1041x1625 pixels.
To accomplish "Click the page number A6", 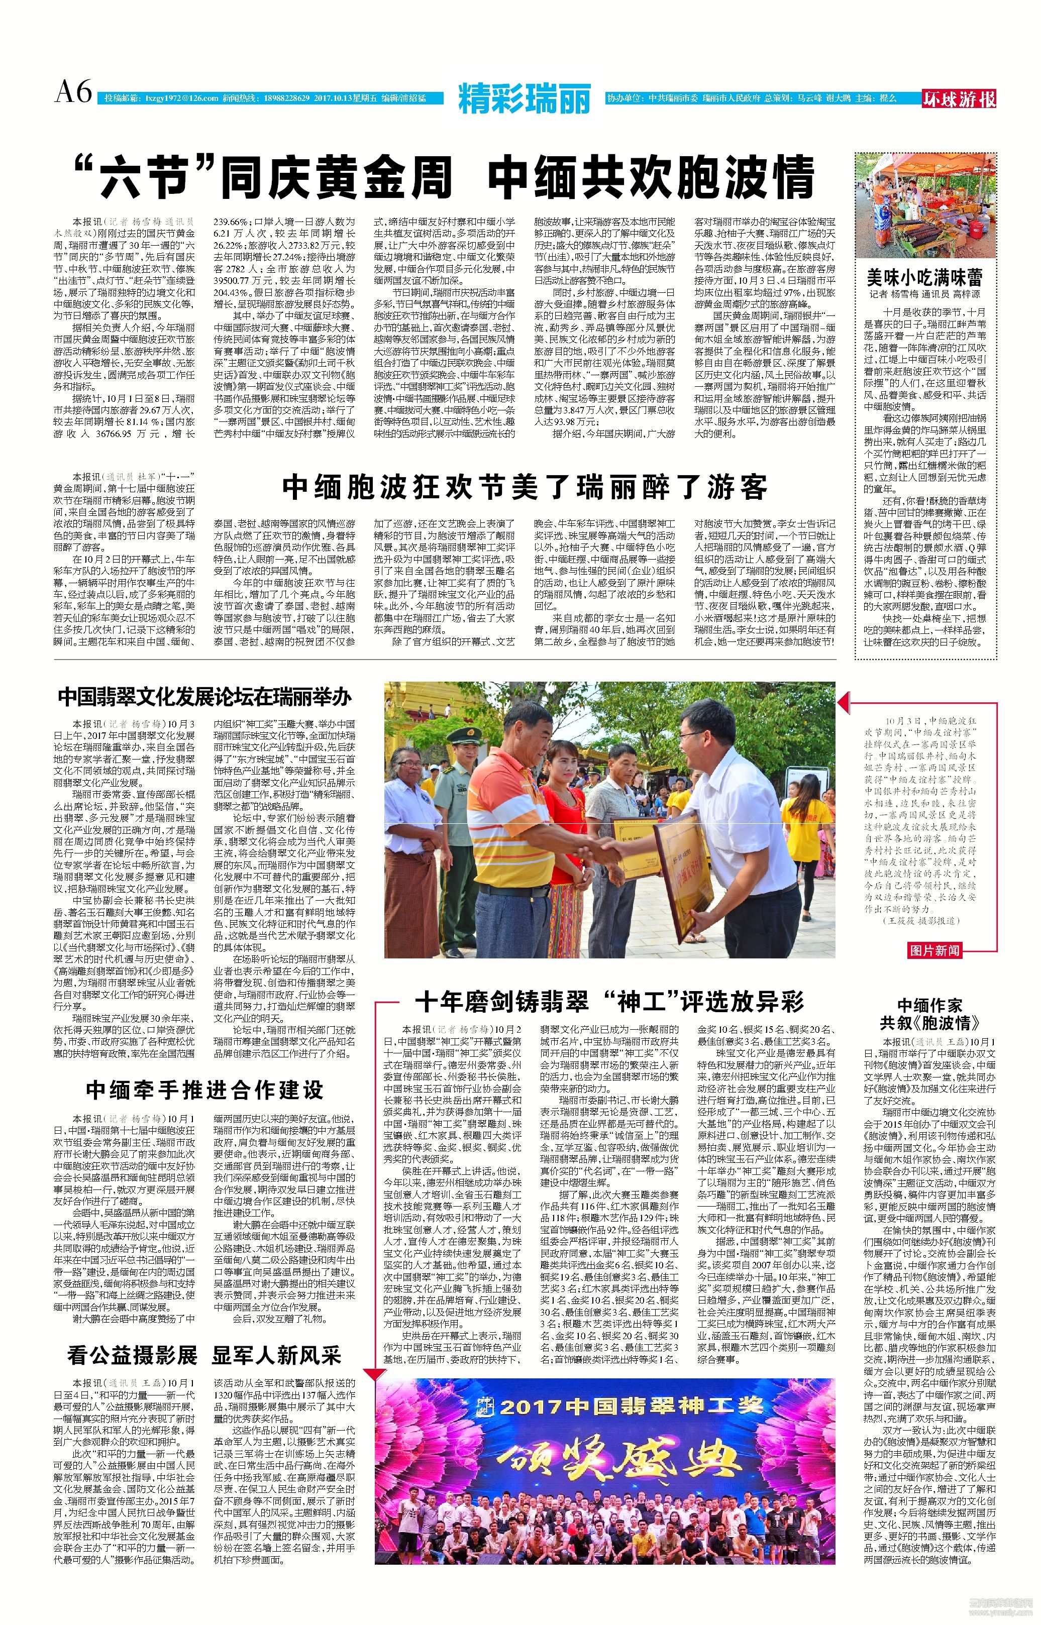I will tap(73, 92).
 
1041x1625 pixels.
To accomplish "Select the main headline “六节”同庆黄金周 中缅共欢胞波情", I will tap(444, 177).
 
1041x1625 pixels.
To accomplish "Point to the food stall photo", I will tap(925, 205).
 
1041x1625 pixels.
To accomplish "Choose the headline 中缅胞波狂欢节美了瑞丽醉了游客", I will tap(525, 486).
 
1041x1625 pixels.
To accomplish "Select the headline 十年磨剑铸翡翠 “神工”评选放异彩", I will tap(609, 1001).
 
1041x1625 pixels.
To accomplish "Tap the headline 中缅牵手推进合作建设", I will tap(204, 1090).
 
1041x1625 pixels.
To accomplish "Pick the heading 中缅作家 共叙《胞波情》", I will tap(929, 1014).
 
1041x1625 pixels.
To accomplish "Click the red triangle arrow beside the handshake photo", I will tap(844, 704).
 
